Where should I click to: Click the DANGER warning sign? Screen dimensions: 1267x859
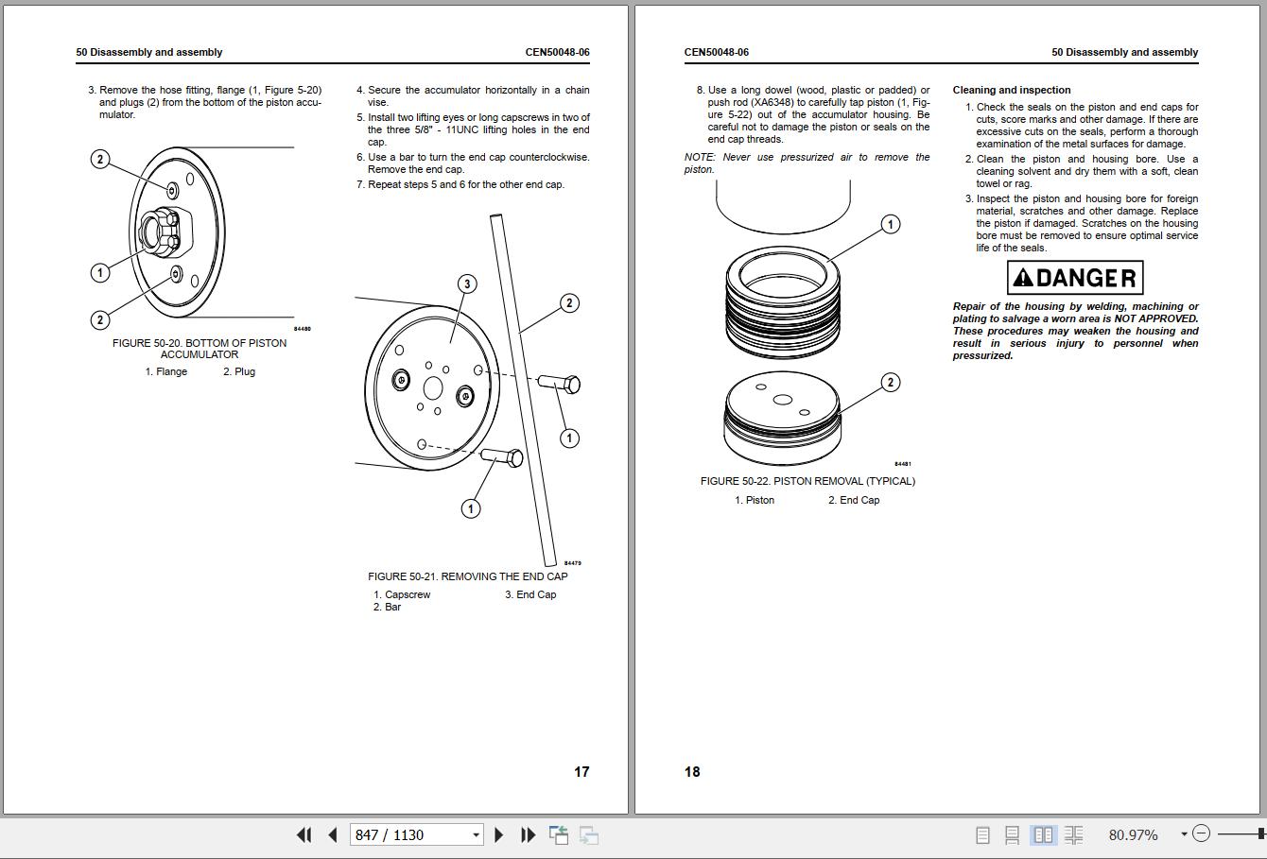1075,278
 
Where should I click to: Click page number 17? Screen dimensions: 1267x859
581,772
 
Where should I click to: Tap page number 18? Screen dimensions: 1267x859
692,772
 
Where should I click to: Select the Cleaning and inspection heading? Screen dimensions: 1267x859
1012,90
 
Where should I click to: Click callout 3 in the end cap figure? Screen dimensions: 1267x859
467,283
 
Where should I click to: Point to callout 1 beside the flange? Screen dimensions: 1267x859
100,273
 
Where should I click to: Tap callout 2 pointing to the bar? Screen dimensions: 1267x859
569,303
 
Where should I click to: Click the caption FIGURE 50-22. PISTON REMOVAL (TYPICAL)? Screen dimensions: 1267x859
807,482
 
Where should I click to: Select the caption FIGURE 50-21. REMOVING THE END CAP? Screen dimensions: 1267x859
468,576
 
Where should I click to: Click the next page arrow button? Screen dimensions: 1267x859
498,834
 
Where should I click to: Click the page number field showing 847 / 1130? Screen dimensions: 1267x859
417,834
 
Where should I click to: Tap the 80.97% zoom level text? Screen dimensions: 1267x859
1133,834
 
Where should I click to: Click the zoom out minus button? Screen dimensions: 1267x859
1200,833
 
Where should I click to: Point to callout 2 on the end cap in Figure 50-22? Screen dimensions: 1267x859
891,383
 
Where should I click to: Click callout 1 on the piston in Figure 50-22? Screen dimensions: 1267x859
891,224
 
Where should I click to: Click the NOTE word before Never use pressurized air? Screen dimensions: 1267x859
700,157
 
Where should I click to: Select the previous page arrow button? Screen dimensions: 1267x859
333,834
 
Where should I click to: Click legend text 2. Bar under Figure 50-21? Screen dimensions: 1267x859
387,607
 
